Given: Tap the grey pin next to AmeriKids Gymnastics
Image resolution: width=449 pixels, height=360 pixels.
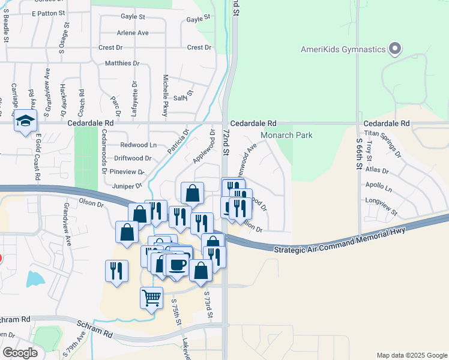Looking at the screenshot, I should coord(394,49).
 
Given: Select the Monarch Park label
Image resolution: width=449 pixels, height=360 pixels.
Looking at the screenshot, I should coord(287,135).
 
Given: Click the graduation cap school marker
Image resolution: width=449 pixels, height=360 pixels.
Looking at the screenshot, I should coord(25,122).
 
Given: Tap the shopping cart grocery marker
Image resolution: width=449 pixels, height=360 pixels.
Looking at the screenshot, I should coord(151,297).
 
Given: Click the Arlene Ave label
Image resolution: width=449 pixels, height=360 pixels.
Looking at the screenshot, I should coord(133,32).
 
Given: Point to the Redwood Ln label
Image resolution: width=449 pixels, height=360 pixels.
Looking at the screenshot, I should coord(138,145).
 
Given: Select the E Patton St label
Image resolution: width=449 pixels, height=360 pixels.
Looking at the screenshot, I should coord(47,13).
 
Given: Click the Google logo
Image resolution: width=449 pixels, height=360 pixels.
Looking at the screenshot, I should coord(20,352).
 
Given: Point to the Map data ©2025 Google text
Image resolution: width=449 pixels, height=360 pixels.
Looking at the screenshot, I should coord(411,355).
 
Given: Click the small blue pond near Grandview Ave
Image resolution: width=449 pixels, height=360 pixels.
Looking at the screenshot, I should coord(35,279).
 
